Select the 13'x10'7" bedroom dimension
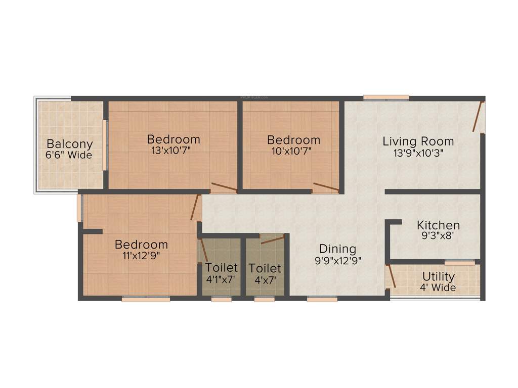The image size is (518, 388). coord(173,150)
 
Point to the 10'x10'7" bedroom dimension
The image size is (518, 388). coord(293,150)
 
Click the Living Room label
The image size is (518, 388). coord(418,141)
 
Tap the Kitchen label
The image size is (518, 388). coord(438,225)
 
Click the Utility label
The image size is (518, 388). coord(438,277)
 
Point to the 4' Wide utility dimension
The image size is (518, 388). coord(438,287)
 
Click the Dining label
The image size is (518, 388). coord(337,249)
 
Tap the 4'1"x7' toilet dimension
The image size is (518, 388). coord(221,278)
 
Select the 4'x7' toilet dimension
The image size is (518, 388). coord(265,278)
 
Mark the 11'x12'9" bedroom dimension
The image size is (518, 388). coord(141,255)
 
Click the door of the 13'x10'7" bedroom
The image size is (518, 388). coord(224,187)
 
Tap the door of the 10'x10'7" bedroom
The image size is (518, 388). coord(326,187)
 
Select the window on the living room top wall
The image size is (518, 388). coord(386,98)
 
